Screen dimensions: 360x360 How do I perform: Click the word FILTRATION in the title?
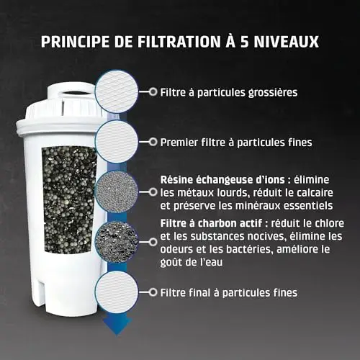179,42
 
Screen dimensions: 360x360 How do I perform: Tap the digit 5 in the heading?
245,42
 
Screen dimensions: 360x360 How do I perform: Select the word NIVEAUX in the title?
287,42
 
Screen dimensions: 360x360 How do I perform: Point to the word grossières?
273,93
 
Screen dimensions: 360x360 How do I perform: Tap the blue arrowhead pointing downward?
117,325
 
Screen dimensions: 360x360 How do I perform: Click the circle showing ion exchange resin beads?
117,192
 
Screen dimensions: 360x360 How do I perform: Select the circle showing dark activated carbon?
117,242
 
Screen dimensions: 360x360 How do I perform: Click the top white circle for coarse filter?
117,91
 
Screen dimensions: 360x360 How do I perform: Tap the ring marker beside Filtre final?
153,292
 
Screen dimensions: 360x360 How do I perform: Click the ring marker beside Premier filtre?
153,142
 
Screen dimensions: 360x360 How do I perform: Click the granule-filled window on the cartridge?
69,199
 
